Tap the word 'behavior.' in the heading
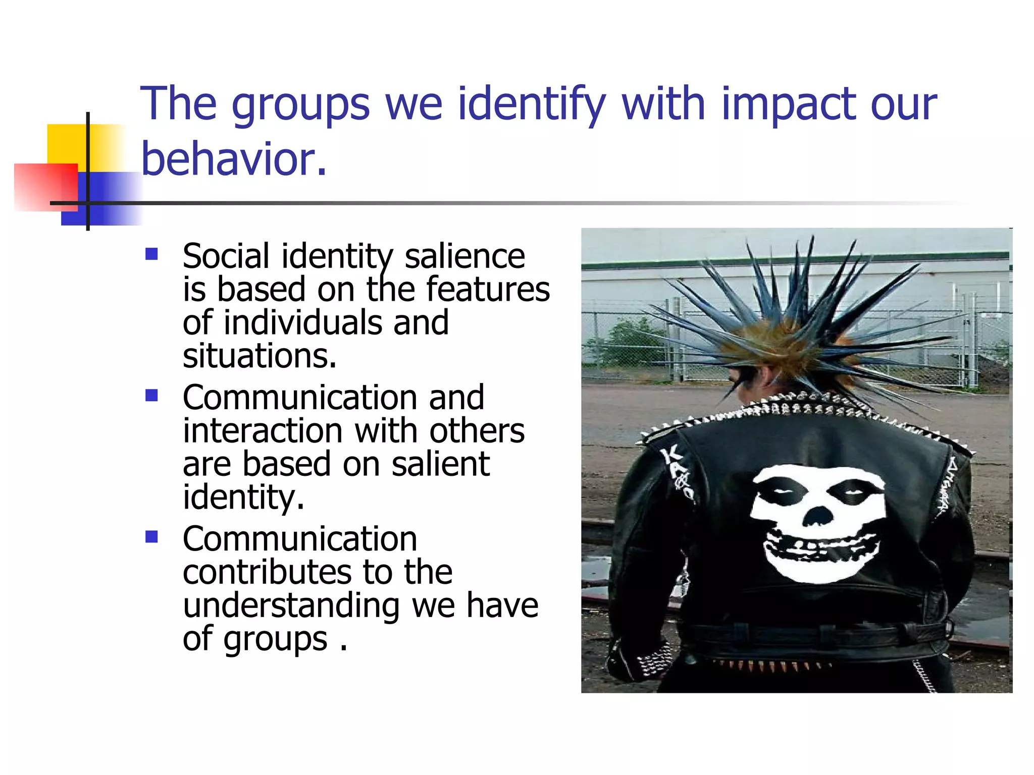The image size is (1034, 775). (234, 159)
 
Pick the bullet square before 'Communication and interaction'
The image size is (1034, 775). (151, 395)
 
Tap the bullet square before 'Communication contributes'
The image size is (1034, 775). (151, 536)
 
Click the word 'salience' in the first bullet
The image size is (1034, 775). (464, 256)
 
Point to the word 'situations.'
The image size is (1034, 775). (260, 356)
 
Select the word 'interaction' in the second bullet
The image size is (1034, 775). (263, 431)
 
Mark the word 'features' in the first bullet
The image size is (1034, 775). (488, 290)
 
